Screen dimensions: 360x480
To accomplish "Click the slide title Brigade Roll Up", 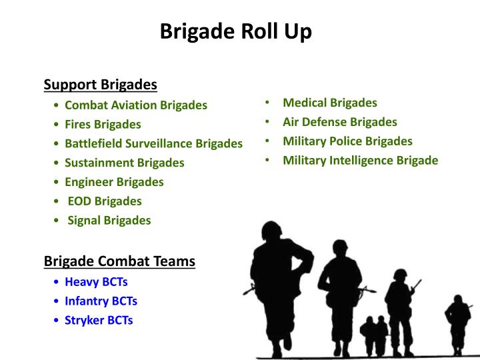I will click(x=235, y=31).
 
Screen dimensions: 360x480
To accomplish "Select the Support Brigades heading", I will click(x=100, y=85).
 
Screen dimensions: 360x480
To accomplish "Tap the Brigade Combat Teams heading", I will click(x=119, y=261).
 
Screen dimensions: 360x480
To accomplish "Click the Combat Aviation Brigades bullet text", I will click(x=136, y=105).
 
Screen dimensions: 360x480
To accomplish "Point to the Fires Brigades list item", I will click(x=103, y=124).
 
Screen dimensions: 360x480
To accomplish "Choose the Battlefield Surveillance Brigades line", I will click(x=153, y=143).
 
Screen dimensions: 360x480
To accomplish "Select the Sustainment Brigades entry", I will click(x=125, y=163).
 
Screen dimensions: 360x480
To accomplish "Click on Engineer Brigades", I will click(x=114, y=181).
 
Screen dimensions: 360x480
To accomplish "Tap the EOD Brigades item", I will click(x=105, y=201).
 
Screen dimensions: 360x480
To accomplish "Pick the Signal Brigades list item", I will click(x=109, y=220).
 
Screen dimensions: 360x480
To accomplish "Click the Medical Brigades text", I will click(x=330, y=103).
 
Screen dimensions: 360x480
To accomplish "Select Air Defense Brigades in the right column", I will click(x=340, y=122).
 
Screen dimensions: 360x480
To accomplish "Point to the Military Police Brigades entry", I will click(x=347, y=141).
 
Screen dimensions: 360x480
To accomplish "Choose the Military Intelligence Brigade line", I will click(x=361, y=161).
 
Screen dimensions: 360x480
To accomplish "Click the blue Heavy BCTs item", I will click(x=96, y=282).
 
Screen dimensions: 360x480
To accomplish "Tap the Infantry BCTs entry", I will click(x=101, y=301).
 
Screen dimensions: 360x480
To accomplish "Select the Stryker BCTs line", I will click(x=99, y=320).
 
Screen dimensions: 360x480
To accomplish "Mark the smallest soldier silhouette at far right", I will click(x=458, y=321).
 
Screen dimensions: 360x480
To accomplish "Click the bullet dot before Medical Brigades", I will click(x=266, y=103).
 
